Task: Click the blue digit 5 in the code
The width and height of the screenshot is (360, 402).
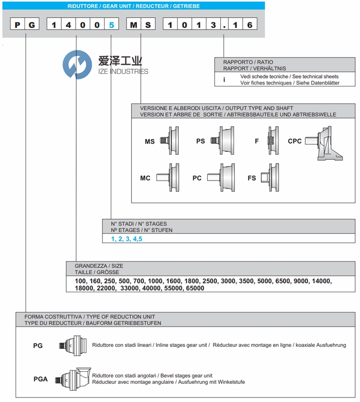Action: (x=111, y=25)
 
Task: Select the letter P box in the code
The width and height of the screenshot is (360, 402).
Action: (x=17, y=25)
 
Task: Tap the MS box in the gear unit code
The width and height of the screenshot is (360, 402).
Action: (x=141, y=25)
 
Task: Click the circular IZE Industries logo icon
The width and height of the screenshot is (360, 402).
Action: (x=77, y=64)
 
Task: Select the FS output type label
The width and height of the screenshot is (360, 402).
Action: (x=252, y=178)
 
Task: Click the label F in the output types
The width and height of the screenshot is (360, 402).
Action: (x=257, y=141)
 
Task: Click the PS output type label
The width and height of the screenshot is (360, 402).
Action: (x=201, y=141)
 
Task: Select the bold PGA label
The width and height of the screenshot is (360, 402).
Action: (x=41, y=379)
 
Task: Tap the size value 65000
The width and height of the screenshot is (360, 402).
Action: (x=195, y=288)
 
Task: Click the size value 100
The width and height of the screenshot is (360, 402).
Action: (x=80, y=281)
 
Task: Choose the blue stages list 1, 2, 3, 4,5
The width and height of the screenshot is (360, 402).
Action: (x=126, y=239)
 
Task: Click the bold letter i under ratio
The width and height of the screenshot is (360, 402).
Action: (x=224, y=79)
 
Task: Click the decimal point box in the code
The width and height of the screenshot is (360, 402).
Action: (x=225, y=25)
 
